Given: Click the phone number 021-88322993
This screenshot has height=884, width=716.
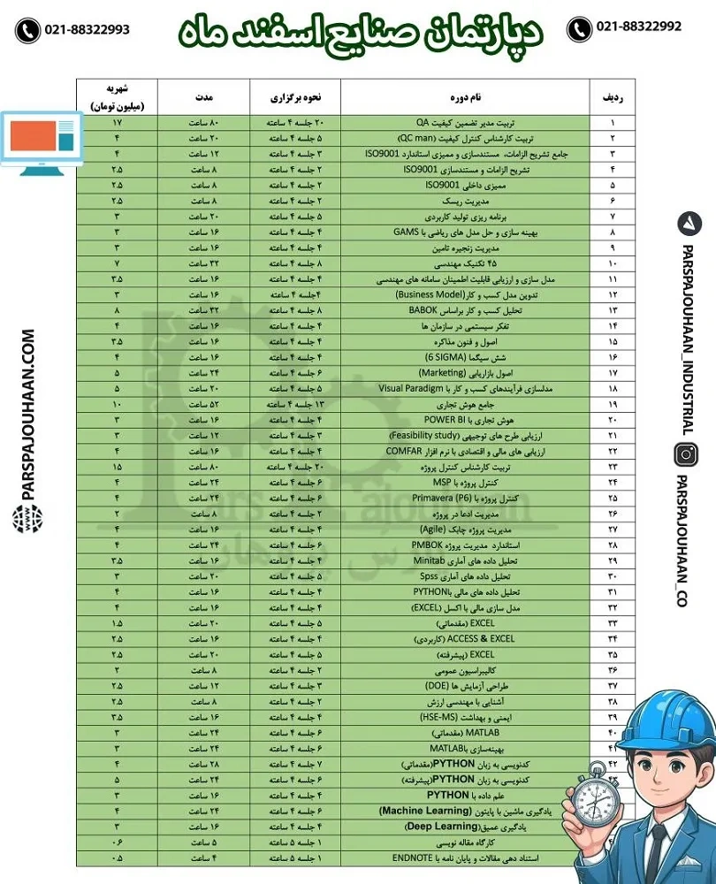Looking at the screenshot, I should point(86,29).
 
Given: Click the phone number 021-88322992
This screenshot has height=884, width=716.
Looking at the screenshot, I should point(638,28).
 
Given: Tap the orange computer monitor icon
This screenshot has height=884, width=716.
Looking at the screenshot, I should point(40,138).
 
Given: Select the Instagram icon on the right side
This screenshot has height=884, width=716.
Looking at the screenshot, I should point(686,456).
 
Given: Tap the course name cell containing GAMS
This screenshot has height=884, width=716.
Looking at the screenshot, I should point(465,232).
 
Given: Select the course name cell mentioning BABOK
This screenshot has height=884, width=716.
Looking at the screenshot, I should point(465,310).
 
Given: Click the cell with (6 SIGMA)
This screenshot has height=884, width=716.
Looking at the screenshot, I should point(465,357).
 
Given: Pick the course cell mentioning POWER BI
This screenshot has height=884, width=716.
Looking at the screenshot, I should point(465,420).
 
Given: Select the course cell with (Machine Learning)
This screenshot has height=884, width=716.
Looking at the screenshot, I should point(465,811).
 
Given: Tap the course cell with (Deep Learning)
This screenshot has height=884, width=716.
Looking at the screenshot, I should point(465,827).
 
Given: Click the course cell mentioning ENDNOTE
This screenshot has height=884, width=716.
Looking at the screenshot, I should point(465,857).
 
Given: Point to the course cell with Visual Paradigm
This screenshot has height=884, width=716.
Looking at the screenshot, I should point(465,389).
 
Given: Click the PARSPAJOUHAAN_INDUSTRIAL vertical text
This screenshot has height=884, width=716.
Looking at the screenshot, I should point(686,331).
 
